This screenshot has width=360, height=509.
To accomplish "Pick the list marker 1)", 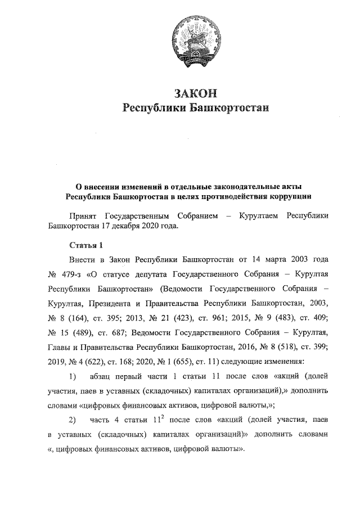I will (72, 376).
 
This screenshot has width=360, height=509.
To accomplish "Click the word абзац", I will (103, 376).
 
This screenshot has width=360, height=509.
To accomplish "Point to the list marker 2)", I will (72, 420).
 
